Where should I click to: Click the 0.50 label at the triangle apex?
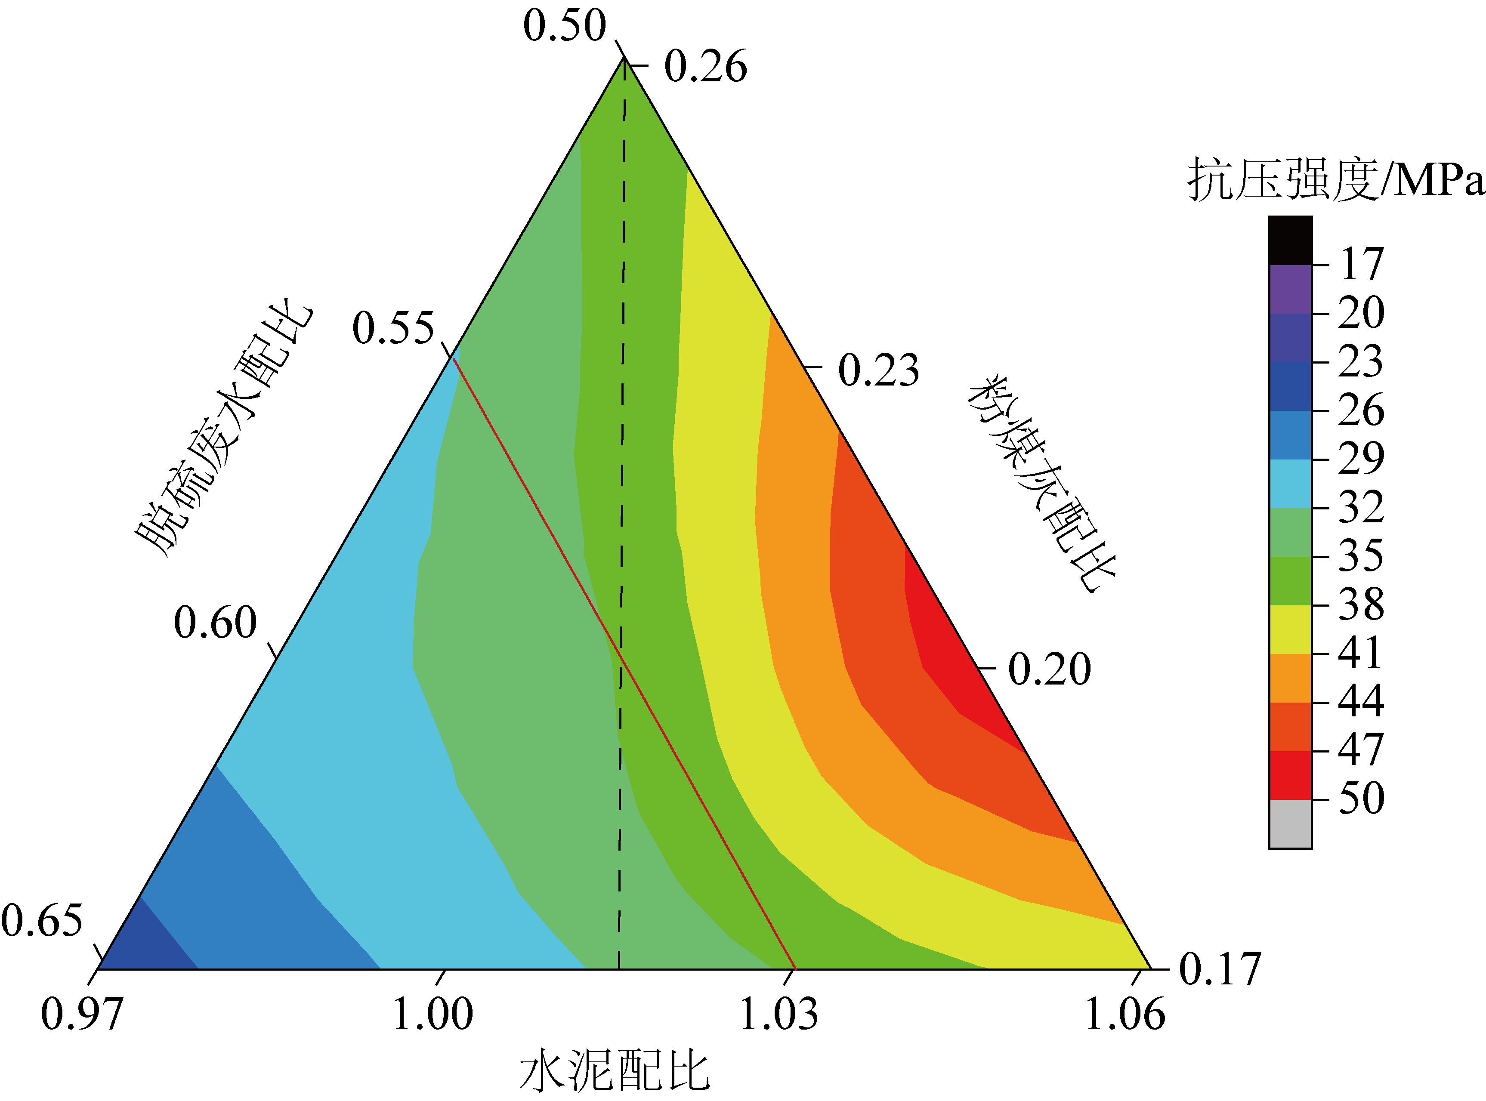coord(564,27)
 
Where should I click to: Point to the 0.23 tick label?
coord(878,370)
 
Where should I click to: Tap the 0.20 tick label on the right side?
coord(1049,669)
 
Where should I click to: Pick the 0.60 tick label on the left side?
coord(215,623)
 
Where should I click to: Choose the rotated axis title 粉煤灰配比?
coord(1041,483)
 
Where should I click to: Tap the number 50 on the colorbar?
coord(1361,799)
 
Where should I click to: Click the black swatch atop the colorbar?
coord(1290,240)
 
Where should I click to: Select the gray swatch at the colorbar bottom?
coord(1290,824)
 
